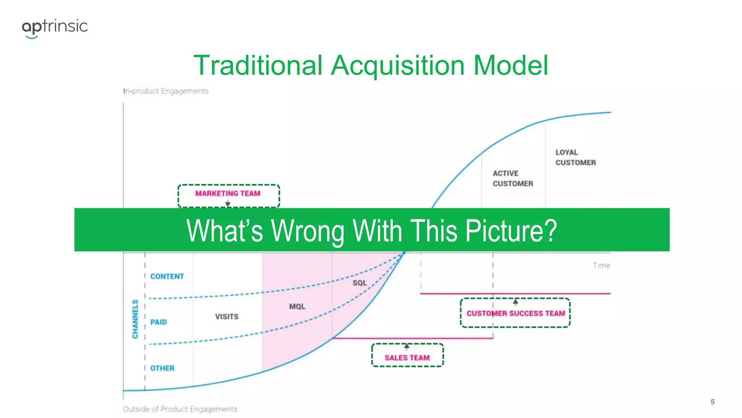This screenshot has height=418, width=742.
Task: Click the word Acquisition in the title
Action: click(x=397, y=66)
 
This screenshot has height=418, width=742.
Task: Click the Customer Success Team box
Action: click(x=515, y=313)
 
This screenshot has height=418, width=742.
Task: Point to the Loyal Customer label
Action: click(x=575, y=157)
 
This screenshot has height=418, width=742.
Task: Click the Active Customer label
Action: click(x=512, y=179)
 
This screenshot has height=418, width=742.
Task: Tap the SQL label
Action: click(x=360, y=283)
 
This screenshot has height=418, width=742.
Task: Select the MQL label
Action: click(x=297, y=307)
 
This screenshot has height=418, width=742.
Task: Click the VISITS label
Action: click(x=227, y=317)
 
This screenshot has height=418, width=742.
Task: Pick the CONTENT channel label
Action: click(x=167, y=276)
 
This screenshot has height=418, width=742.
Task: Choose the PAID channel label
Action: click(x=159, y=322)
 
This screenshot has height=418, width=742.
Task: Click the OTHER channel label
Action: click(x=162, y=368)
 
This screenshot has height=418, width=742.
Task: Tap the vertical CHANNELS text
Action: click(x=135, y=319)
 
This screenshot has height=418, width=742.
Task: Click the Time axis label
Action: click(x=601, y=266)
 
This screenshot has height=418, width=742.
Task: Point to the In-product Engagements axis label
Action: click(x=166, y=91)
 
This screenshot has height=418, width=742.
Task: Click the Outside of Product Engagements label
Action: click(x=180, y=409)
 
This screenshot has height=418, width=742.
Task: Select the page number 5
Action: click(x=712, y=402)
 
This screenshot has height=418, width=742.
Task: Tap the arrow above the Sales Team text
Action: click(x=407, y=347)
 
